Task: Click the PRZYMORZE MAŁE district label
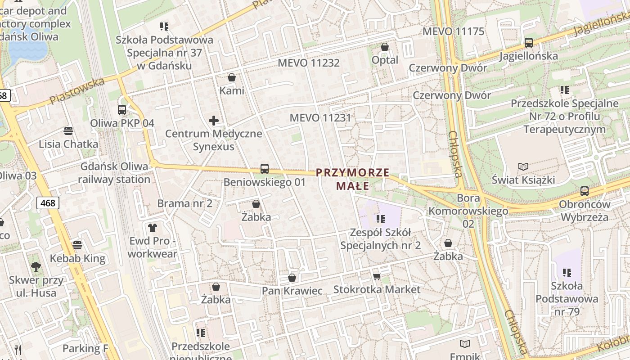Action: [x=352, y=179]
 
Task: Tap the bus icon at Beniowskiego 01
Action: [x=265, y=169]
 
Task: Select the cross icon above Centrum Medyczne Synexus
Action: [x=214, y=121]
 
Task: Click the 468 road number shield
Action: [x=48, y=203]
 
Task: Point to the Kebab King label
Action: [x=77, y=258]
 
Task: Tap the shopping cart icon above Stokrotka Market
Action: [x=377, y=276]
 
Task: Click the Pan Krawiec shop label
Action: [x=292, y=291]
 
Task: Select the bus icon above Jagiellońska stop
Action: [x=529, y=43]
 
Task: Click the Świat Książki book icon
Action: [x=523, y=166]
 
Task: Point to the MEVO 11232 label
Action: [x=309, y=63]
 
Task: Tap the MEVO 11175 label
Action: [x=453, y=31]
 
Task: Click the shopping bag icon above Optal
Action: [x=385, y=46]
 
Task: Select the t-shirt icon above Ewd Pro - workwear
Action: [x=153, y=227]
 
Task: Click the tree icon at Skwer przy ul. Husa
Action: [x=36, y=266]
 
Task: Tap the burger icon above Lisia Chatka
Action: [x=68, y=131]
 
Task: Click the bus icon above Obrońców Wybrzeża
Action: [x=585, y=191]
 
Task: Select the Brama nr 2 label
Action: [x=184, y=203]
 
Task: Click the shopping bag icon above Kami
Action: [x=232, y=77]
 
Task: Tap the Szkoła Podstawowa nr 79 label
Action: [x=567, y=298]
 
